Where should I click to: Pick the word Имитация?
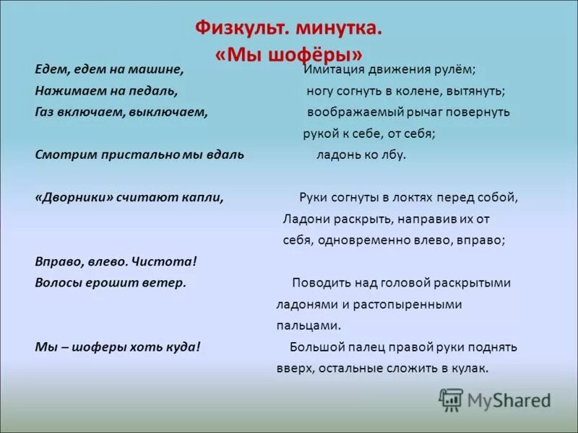tap(333, 71)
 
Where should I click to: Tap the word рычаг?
tap(425, 113)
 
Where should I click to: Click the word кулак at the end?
tap(470, 368)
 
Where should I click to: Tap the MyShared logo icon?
tap(452, 398)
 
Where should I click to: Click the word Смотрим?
tap(62, 155)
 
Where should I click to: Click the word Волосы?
tap(59, 283)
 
